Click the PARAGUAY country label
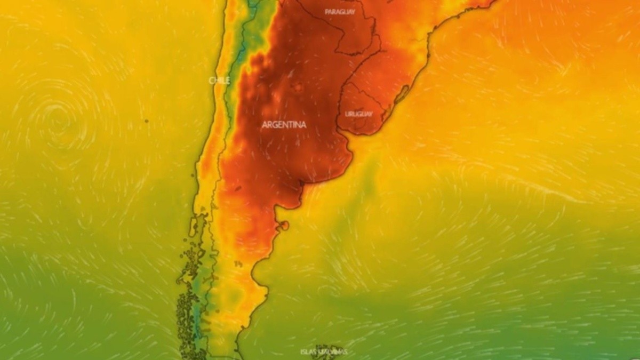pyautogui.click(x=340, y=12)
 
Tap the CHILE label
pyautogui.click(x=219, y=81)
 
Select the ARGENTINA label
pyautogui.click(x=284, y=125)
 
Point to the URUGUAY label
pyautogui.click(x=358, y=114)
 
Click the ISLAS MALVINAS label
pyautogui.click(x=324, y=352)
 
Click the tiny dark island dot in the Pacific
pyautogui.click(x=146, y=121)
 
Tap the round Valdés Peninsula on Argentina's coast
pyautogui.click(x=284, y=226)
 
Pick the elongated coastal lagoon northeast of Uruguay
pyautogui.click(x=401, y=94)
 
